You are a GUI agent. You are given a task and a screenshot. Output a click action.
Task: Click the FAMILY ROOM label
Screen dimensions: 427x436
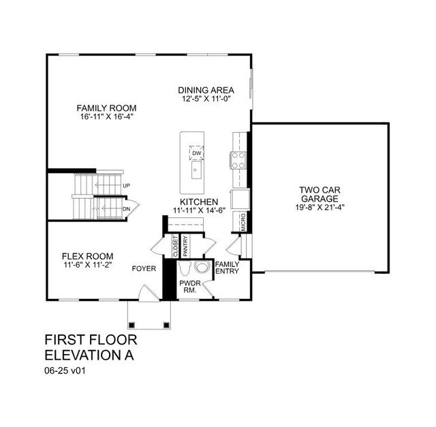[106, 108]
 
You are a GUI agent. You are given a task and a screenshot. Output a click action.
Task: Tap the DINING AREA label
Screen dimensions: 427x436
[206, 90]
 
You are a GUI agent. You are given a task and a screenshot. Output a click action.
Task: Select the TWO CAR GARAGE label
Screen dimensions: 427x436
[320, 194]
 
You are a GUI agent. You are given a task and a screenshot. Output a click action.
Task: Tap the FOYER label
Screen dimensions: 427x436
[144, 269]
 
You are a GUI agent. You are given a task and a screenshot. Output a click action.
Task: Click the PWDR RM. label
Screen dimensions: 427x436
[188, 285]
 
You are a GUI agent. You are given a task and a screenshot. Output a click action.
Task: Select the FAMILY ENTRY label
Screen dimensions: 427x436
[228, 268]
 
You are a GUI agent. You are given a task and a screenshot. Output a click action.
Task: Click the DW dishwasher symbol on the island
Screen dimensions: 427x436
[196, 153]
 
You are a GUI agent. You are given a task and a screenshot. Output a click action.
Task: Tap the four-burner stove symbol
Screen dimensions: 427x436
[239, 159]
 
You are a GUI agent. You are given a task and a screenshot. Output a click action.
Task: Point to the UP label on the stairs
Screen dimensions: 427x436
[126, 185]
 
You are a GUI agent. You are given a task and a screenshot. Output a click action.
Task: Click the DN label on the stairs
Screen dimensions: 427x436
[126, 208]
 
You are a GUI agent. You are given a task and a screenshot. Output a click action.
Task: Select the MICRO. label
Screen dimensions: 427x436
[243, 221]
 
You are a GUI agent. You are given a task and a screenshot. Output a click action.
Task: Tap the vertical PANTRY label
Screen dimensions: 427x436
[185, 246]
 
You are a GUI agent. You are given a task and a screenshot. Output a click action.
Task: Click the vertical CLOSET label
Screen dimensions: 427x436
[174, 247]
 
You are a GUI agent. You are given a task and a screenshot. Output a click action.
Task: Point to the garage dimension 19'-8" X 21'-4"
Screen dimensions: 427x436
[320, 208]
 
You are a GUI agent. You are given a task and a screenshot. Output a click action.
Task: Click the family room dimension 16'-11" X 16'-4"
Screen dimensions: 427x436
[106, 116]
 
